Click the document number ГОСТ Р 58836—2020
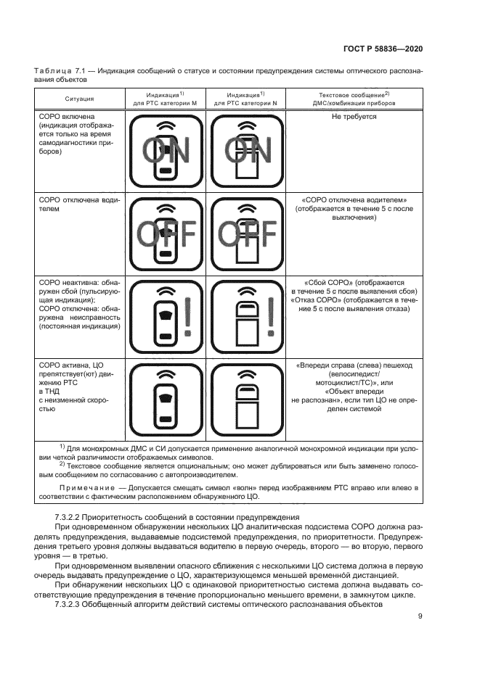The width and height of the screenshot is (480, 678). (382, 49)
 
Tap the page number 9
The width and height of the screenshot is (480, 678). (420, 617)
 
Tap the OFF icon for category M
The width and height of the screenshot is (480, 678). (166, 233)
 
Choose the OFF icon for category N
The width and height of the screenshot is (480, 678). (247, 233)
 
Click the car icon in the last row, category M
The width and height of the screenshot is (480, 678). (166, 397)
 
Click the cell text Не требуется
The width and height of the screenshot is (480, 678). (354, 116)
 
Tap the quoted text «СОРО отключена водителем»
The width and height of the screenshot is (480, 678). (354, 199)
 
